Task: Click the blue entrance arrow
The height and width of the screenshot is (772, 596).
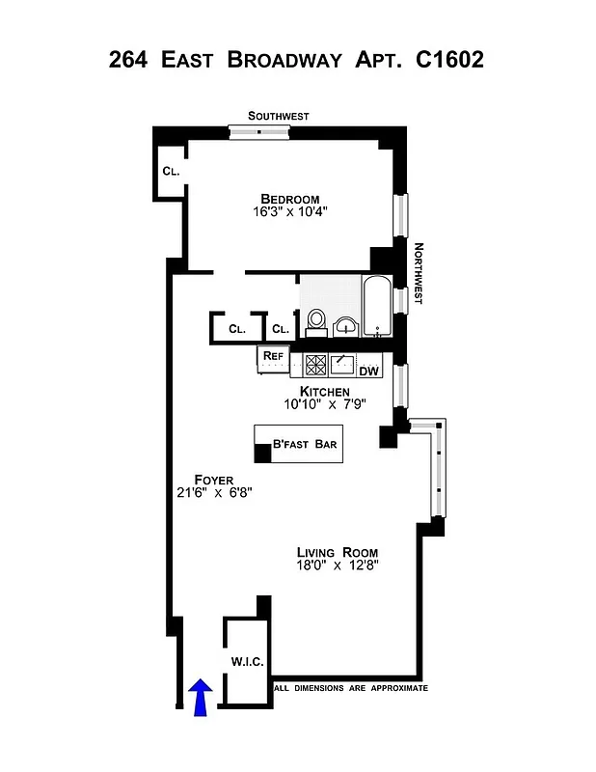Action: click(x=201, y=697)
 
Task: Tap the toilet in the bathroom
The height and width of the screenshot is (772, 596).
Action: click(x=316, y=320)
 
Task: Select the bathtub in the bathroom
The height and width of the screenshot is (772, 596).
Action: click(x=375, y=307)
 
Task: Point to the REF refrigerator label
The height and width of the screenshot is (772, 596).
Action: click(x=273, y=356)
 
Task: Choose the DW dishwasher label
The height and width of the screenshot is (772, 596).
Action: click(x=368, y=371)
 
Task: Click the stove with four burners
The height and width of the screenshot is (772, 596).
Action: click(x=316, y=365)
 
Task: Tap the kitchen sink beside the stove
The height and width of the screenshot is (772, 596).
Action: click(x=342, y=364)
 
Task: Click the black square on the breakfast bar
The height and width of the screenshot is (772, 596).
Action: click(x=262, y=453)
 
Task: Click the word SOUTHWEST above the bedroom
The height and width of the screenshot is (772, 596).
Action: click(x=278, y=116)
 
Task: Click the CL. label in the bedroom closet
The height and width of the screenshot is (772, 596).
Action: click(x=171, y=171)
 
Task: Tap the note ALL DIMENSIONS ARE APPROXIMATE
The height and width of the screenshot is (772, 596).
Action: click(x=351, y=688)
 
